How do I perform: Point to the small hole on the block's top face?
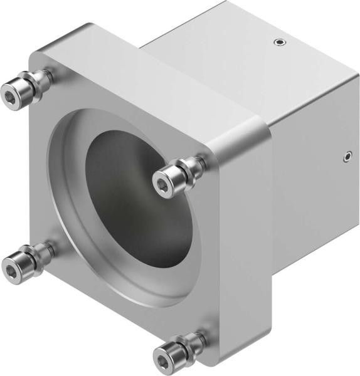[x=279, y=43]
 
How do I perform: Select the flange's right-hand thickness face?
[x=241, y=251]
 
